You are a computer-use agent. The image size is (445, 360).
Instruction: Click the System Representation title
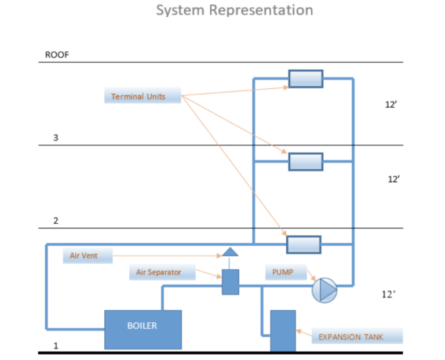coord(235,10)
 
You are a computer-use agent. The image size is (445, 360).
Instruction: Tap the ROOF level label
coord(57,56)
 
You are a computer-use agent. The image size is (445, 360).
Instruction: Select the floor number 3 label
coord(56,138)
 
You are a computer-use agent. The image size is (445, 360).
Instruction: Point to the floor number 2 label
coord(56,221)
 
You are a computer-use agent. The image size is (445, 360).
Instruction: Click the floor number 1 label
coord(56,346)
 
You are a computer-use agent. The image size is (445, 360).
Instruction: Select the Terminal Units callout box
coord(143,96)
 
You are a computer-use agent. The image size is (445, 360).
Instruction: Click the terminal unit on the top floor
coord(306,78)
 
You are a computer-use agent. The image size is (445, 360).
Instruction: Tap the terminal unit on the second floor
coord(305,162)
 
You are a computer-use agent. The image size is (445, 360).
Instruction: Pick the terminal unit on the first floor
coord(304,245)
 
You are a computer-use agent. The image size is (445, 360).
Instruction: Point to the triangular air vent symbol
coord(230,252)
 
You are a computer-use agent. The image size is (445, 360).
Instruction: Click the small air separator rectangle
coord(230,282)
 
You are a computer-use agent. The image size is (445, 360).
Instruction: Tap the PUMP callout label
coord(284,272)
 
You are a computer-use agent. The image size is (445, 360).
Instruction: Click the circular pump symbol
coord(324,290)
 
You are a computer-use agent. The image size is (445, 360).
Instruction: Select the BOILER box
coord(143,329)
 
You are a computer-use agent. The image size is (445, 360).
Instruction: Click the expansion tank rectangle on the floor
coord(283,330)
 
